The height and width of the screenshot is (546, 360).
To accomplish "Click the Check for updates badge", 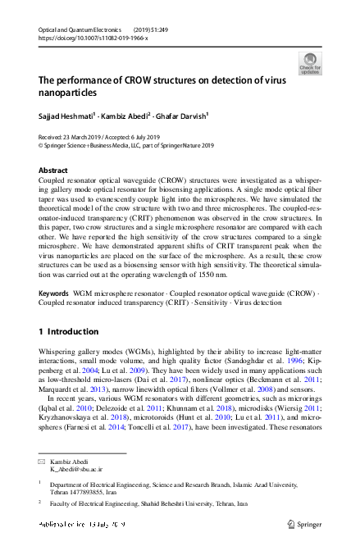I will click(x=310, y=64).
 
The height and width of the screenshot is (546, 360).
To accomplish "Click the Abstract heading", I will click(x=53, y=171).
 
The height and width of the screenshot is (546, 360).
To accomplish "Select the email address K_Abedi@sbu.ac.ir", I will click(x=76, y=470).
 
